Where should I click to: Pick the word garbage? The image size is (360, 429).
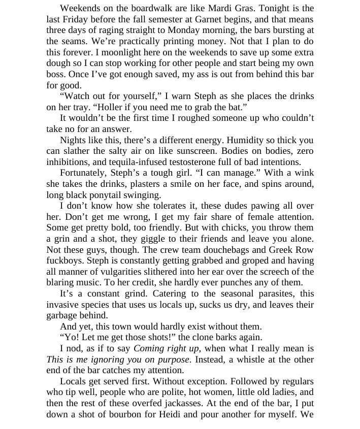point(63,315)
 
